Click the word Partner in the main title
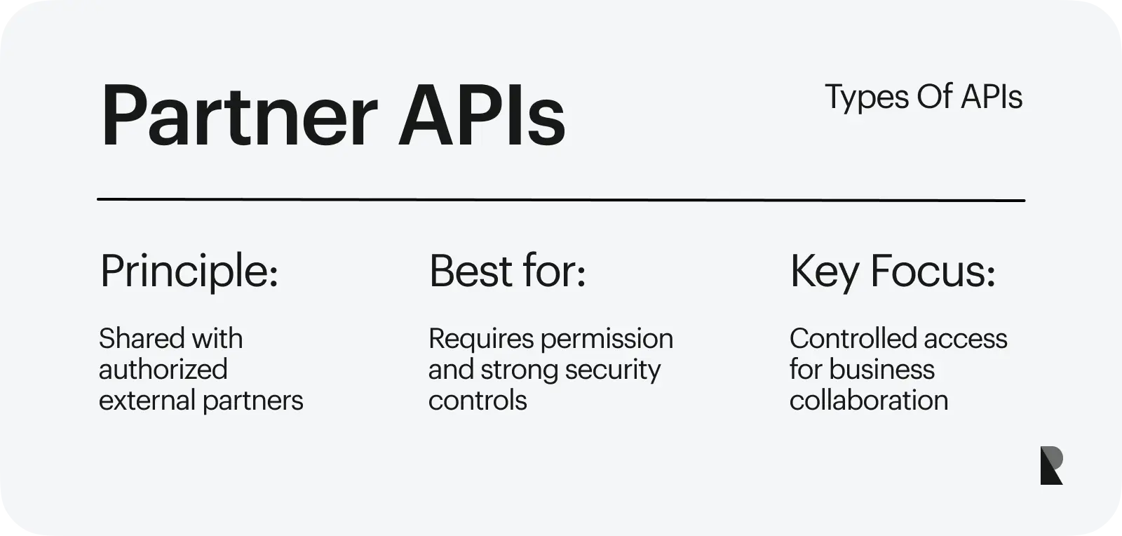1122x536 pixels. (x=239, y=116)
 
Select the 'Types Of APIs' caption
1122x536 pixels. (x=923, y=98)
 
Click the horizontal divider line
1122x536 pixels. (x=561, y=200)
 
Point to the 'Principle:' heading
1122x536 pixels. (x=189, y=272)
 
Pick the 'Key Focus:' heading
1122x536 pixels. (x=893, y=272)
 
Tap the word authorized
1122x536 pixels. (x=163, y=369)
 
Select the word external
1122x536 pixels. (x=147, y=401)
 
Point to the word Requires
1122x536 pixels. (x=481, y=340)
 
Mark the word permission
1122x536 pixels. (x=607, y=340)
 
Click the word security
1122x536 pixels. (x=613, y=370)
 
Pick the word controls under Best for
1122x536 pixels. (x=478, y=401)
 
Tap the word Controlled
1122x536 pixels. (x=853, y=338)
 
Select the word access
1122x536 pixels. (x=965, y=340)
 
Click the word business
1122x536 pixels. (x=881, y=369)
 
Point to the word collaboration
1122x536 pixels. (x=869, y=401)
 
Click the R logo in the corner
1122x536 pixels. (x=1051, y=465)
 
